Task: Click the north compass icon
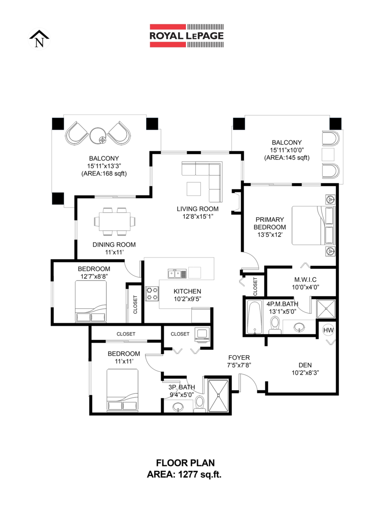(x=39, y=40)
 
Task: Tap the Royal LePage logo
(x=187, y=36)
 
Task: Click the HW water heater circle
(x=329, y=331)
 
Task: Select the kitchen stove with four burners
(x=152, y=293)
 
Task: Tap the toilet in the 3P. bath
(x=200, y=402)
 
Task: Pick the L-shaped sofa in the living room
(x=207, y=178)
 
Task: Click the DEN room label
(x=305, y=365)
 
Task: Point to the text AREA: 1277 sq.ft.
(x=184, y=475)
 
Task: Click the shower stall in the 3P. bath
(x=218, y=396)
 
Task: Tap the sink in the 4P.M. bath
(x=299, y=327)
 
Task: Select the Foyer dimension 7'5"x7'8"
(x=239, y=365)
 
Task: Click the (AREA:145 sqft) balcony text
(x=286, y=158)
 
